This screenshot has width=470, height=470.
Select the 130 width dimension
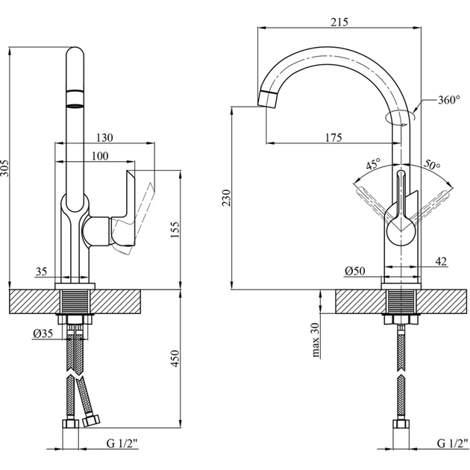pos(105,137)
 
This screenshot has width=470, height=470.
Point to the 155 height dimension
pos(174,230)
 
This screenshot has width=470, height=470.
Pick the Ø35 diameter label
pos(43,333)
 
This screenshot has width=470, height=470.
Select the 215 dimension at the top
pos(339,22)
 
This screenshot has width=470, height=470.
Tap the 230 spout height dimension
pos(226,196)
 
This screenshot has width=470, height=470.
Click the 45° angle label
pos(372,164)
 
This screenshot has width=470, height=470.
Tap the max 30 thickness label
pos(316,339)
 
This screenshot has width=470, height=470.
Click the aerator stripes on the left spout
pos(76,101)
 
